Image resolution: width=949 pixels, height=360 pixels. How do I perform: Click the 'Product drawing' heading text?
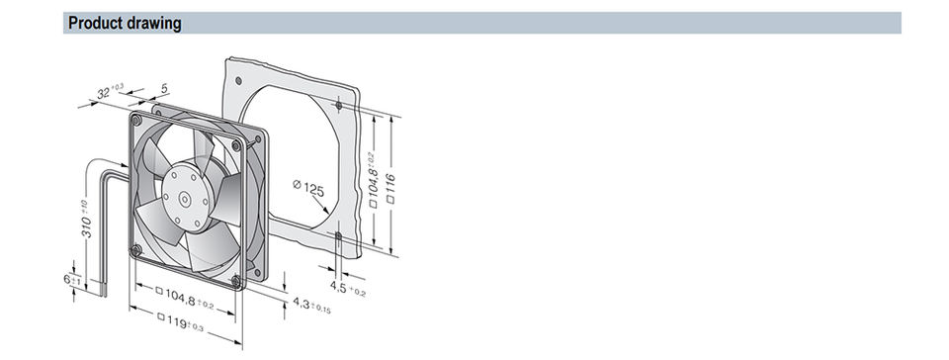[125, 24]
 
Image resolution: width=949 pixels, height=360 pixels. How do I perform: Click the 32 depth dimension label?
[110, 91]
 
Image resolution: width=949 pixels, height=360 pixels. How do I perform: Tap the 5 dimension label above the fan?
[164, 88]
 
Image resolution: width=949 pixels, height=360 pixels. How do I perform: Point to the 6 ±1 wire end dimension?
[72, 280]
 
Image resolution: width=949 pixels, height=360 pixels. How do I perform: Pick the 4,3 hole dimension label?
[311, 305]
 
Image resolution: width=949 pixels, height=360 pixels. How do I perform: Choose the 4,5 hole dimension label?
[347, 288]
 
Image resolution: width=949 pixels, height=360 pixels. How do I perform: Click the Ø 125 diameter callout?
[308, 189]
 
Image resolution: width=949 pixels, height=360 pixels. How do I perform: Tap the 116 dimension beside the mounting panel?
[391, 188]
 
